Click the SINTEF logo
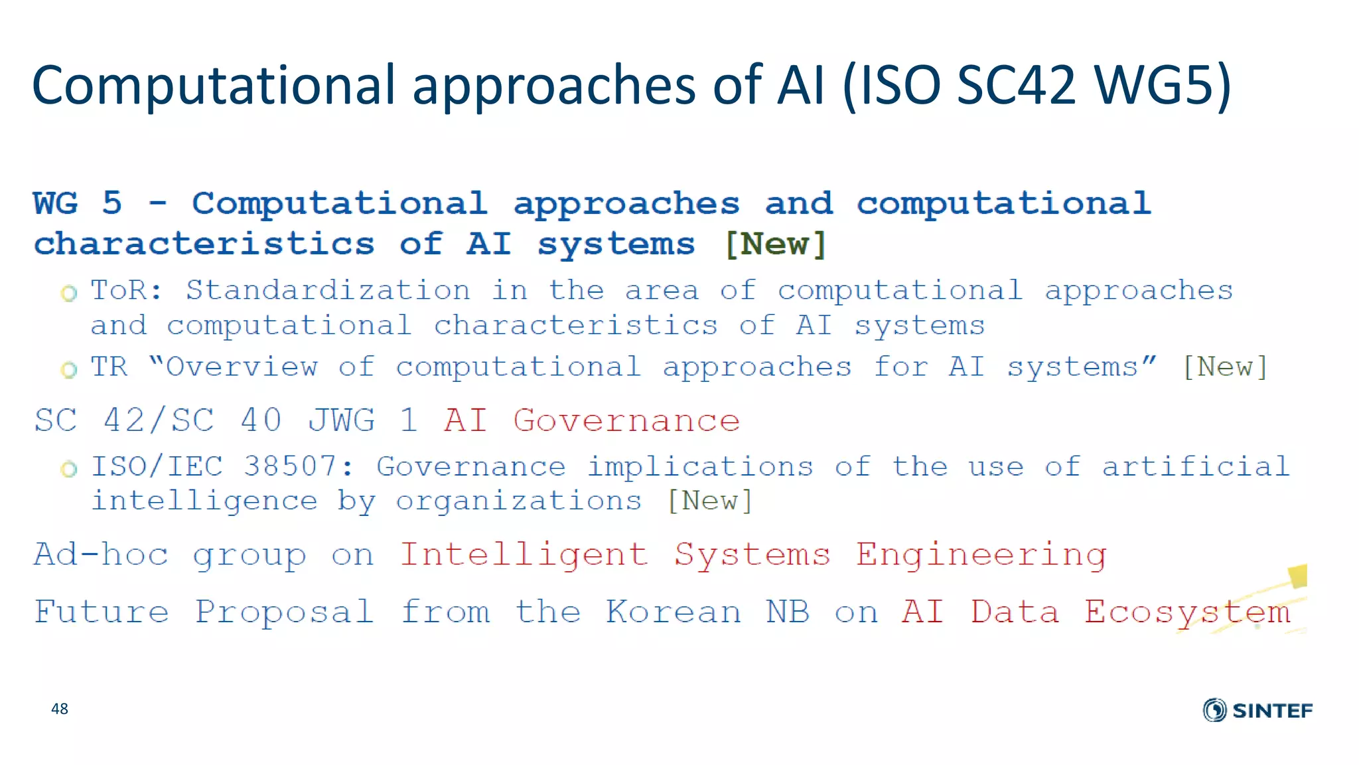click(1257, 710)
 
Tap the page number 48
click(60, 709)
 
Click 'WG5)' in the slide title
click(1163, 85)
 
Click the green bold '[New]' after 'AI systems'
click(776, 244)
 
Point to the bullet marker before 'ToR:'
click(69, 293)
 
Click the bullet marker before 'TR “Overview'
click(69, 369)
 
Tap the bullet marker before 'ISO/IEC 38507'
click(69, 469)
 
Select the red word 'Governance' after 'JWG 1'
click(626, 420)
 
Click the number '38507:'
click(299, 466)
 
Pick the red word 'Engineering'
click(981, 555)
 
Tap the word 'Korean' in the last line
click(674, 612)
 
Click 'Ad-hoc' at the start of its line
click(101, 554)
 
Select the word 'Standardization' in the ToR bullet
click(328, 290)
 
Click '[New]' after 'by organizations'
click(709, 501)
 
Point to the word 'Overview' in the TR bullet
click(242, 367)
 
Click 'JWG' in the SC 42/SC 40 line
click(342, 420)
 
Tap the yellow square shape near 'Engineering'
click(1298, 576)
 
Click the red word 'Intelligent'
click(524, 554)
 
